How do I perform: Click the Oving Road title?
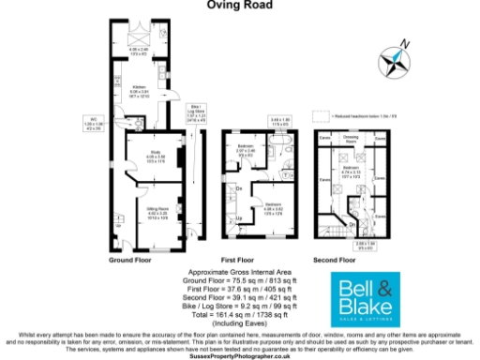[x=241, y=5]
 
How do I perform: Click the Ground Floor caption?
[x=130, y=259]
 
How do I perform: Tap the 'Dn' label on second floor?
[x=351, y=223]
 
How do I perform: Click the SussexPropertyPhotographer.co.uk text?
[x=241, y=356]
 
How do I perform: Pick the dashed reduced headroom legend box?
[x=320, y=117]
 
